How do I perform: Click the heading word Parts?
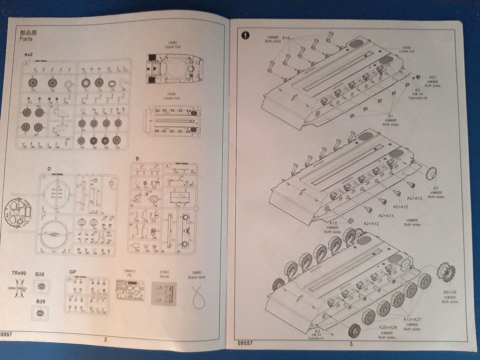point(26,39)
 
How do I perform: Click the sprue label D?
point(49,169)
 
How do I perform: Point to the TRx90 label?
point(19,273)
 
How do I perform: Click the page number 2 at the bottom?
point(105,340)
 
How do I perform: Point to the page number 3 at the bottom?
point(351,344)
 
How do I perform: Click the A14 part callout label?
point(286,38)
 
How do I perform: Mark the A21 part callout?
point(432,77)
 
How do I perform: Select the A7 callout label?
point(436,188)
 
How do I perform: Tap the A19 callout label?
point(333,223)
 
